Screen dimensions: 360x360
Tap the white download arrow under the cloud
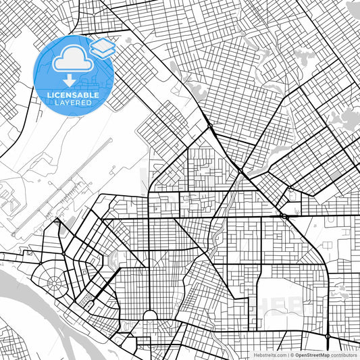[73, 83]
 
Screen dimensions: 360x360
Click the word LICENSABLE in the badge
[72, 95]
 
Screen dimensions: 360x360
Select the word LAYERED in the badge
[72, 103]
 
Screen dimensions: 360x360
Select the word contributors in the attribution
[344, 354]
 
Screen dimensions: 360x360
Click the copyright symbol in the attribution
[289, 354]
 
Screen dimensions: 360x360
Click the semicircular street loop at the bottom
[150, 317]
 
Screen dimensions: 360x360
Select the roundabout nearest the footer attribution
[328, 336]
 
